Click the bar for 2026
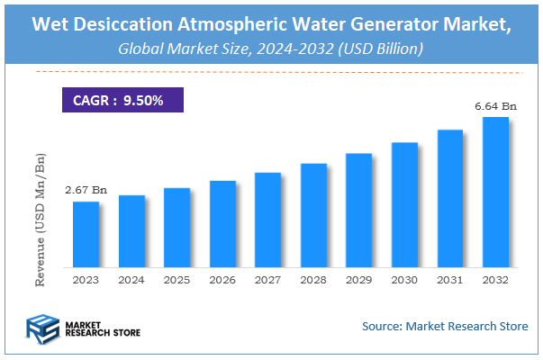tap(222, 224)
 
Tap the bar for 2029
tap(359, 211)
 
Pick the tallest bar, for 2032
tap(495, 193)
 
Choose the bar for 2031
tap(450, 199)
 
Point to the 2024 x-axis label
tap(131, 281)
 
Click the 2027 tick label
tap(268, 281)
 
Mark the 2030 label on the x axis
tap(404, 281)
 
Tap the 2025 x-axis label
tap(177, 281)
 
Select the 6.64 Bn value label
tap(494, 107)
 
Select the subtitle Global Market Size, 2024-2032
tap(270, 50)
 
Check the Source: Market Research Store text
tap(445, 326)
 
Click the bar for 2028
tap(313, 216)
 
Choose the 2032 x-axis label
tap(495, 281)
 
